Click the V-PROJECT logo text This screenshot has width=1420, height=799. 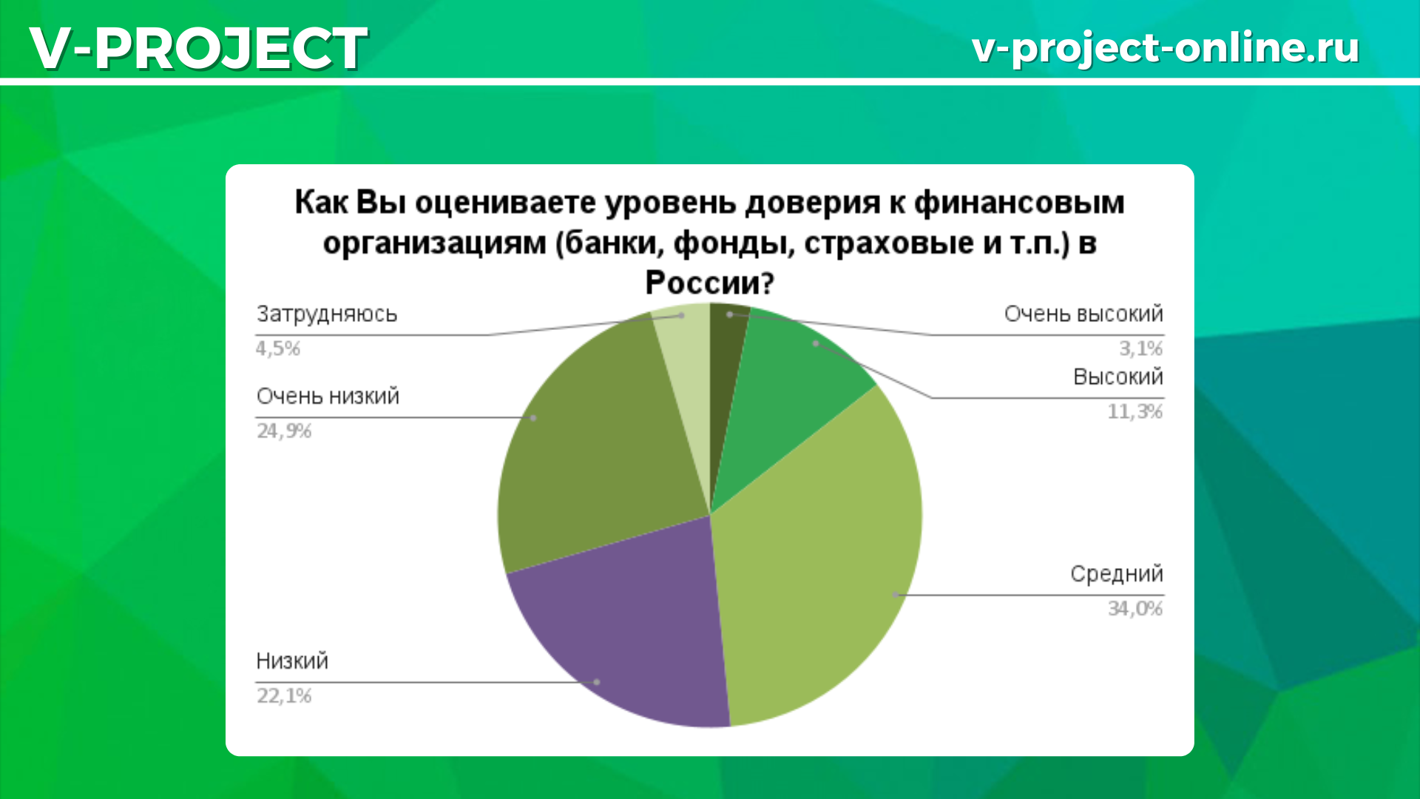(x=198, y=48)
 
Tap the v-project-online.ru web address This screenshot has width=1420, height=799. (x=1166, y=48)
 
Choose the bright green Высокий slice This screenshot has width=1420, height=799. (x=784, y=392)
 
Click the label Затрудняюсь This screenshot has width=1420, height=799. (x=327, y=315)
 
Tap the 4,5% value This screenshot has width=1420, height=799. (x=278, y=348)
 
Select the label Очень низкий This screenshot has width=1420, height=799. (x=328, y=397)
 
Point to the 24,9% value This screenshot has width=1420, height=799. (x=284, y=431)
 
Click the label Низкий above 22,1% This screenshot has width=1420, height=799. (x=292, y=661)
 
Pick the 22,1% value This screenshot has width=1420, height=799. (x=284, y=695)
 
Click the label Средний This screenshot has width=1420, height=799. (x=1117, y=574)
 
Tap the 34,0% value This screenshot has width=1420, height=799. (x=1135, y=608)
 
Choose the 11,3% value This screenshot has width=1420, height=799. (x=1135, y=411)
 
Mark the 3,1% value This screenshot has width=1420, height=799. (x=1141, y=348)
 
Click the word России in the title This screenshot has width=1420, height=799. (x=709, y=283)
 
